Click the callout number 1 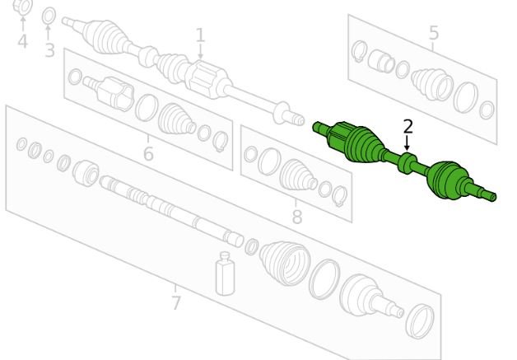coord(200,35)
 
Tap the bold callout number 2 coord(408,127)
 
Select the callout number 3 coord(49,50)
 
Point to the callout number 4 coord(22,41)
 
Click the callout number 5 coord(434,33)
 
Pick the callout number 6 coord(148,153)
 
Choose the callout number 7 coord(176,302)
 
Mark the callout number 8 coord(297,217)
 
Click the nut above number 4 coord(23,7)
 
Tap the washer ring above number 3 coord(49,16)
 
